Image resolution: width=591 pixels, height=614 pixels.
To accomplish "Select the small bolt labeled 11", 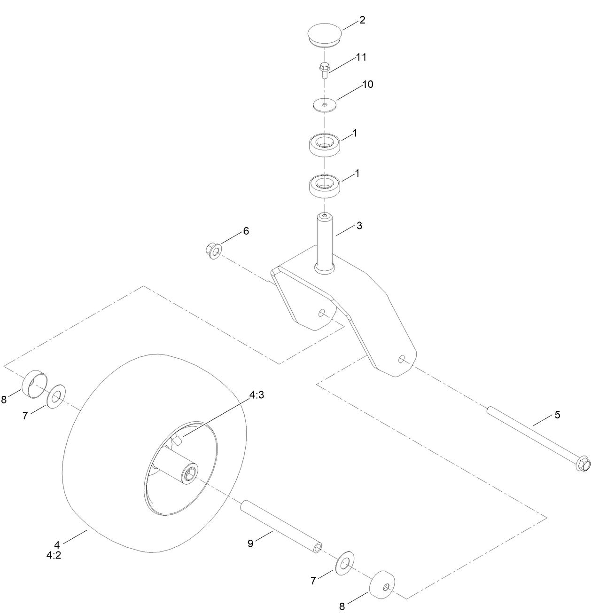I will pos(324,71).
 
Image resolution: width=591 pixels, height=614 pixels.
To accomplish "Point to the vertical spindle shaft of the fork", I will pos(325,242).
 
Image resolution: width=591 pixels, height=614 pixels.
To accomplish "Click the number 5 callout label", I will pos(557,415).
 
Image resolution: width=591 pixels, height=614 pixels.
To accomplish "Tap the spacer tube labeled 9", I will pos(281,527).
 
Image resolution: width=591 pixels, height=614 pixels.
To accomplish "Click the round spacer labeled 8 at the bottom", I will pos(381,584).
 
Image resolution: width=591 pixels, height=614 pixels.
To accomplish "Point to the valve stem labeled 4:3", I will pos(177,440).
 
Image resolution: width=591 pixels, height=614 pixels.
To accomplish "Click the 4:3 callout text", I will pos(257,395).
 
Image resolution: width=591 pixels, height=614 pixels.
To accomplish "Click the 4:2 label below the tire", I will pos(54,555).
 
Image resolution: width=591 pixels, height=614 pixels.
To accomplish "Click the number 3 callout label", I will pos(359,226).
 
